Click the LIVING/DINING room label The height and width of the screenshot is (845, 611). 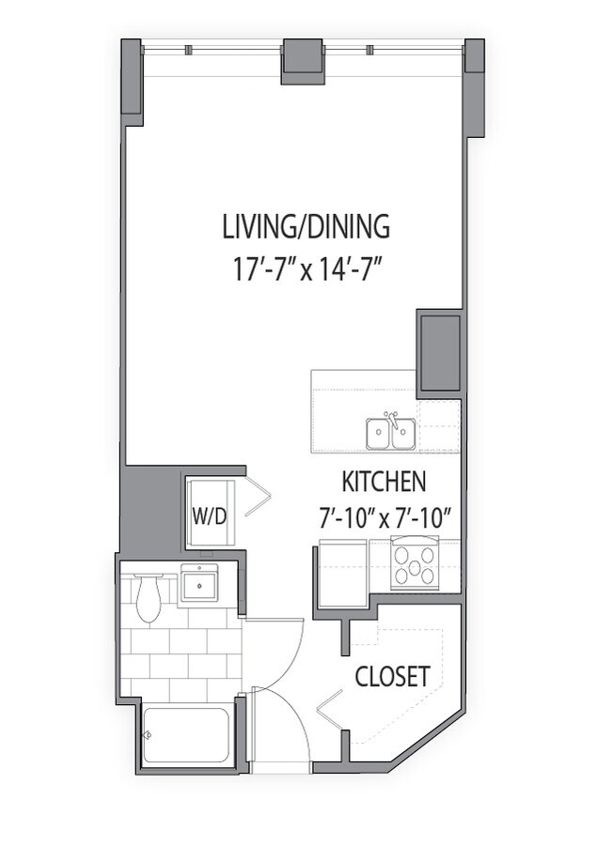[x=306, y=226]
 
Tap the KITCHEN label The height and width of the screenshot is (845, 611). [x=384, y=482]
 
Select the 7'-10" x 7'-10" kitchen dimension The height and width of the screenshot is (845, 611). [x=384, y=519]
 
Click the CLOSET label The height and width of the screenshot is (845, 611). [x=392, y=676]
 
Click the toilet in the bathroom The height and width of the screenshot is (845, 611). [x=149, y=598]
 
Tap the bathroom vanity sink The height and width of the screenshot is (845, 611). [x=199, y=583]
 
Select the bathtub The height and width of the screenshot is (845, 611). [x=186, y=734]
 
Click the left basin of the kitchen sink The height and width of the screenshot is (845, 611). [x=379, y=433]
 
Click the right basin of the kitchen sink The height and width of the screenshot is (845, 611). [x=403, y=433]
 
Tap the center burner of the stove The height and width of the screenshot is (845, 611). [x=414, y=566]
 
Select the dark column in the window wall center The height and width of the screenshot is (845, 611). [x=303, y=61]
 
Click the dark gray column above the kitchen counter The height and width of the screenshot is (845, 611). [x=440, y=354]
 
